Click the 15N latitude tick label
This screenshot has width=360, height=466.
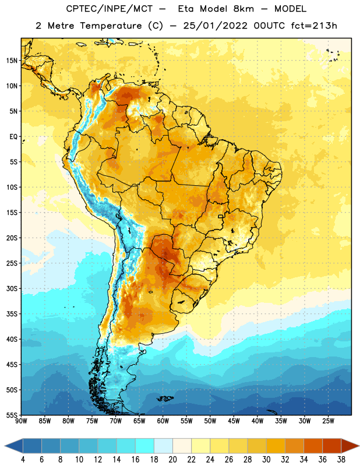tap(12, 61)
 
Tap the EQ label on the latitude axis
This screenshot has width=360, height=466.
tap(13, 137)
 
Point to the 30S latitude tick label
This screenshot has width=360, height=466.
tap(12, 289)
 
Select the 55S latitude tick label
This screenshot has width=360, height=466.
tap(12, 415)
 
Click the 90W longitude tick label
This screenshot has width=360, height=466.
tap(21, 421)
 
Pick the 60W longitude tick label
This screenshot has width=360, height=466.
tap(163, 421)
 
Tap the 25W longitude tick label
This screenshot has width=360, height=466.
tap(328, 421)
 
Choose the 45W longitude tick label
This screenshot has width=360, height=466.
tap(234, 421)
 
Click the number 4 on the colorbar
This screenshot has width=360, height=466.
tap(23, 460)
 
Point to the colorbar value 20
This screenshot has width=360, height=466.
tap(172, 460)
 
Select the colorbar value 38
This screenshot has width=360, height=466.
tap(341, 460)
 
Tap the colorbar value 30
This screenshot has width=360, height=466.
tap(266, 460)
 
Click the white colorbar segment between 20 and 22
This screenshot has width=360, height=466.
tap(182, 446)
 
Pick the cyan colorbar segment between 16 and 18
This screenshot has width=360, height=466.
tap(144, 446)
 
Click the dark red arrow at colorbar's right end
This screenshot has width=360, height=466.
tap(350, 446)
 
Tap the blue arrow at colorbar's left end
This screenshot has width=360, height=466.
tap(13, 446)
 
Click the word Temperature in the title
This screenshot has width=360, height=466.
tap(111, 26)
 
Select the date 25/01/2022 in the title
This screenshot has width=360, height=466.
tap(215, 26)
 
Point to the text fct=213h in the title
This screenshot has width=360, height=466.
tap(314, 26)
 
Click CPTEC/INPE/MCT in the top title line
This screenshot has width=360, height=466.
tap(109, 9)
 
